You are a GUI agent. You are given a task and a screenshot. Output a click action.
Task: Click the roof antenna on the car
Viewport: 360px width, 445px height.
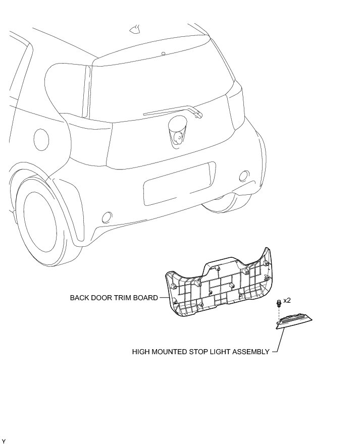pyautogui.click(x=135, y=29)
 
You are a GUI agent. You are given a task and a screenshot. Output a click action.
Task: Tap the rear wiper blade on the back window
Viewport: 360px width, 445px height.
pyautogui.click(x=172, y=111)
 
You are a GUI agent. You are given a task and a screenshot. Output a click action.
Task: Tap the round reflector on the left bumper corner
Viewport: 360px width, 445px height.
pyautogui.click(x=107, y=217)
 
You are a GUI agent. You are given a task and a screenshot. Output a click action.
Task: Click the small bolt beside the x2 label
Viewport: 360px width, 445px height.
pyautogui.click(x=278, y=304)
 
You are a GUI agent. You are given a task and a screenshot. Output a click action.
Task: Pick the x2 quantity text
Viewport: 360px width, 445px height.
pyautogui.click(x=287, y=300)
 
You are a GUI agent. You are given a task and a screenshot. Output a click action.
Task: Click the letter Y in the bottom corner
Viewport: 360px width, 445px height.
pyautogui.click(x=4, y=441)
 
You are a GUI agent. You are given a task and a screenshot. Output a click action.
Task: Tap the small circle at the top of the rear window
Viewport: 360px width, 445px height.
pyautogui.click(x=164, y=53)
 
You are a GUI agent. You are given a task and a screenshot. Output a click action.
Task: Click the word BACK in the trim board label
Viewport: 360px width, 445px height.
pyautogui.click(x=79, y=298)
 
